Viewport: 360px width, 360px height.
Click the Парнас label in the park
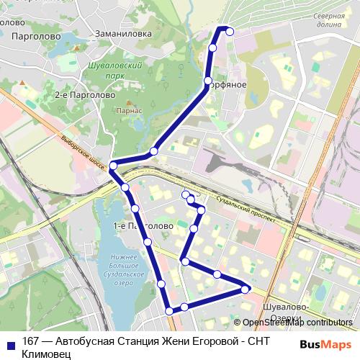pos(127,111)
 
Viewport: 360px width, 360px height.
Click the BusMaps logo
pos(325,344)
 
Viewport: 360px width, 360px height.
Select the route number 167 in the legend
pos(31,342)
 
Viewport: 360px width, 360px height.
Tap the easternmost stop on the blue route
pos(246,289)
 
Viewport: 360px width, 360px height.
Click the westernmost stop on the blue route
pos(113,166)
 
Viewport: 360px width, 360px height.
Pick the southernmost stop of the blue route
pos(170,311)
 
